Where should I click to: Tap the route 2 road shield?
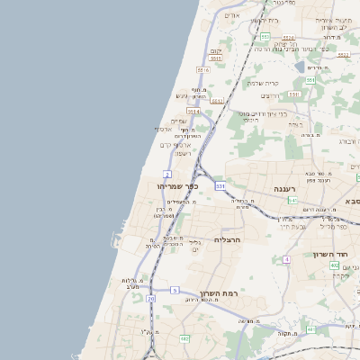pyautogui.click(x=168, y=173)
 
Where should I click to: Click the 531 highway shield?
pyautogui.click(x=220, y=185)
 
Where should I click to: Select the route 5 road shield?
pyautogui.click(x=175, y=291)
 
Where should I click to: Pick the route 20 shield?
pyautogui.click(x=151, y=297)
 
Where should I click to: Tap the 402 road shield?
pyautogui.click(x=335, y=265)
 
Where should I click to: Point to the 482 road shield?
pyautogui.click(x=184, y=338)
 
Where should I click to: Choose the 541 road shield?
pyautogui.click(x=293, y=201)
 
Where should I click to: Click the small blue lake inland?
pyautogui.click(x=300, y=66)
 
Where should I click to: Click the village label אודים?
pyautogui.click(x=232, y=15)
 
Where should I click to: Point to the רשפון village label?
pyautogui.click(x=176, y=154)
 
